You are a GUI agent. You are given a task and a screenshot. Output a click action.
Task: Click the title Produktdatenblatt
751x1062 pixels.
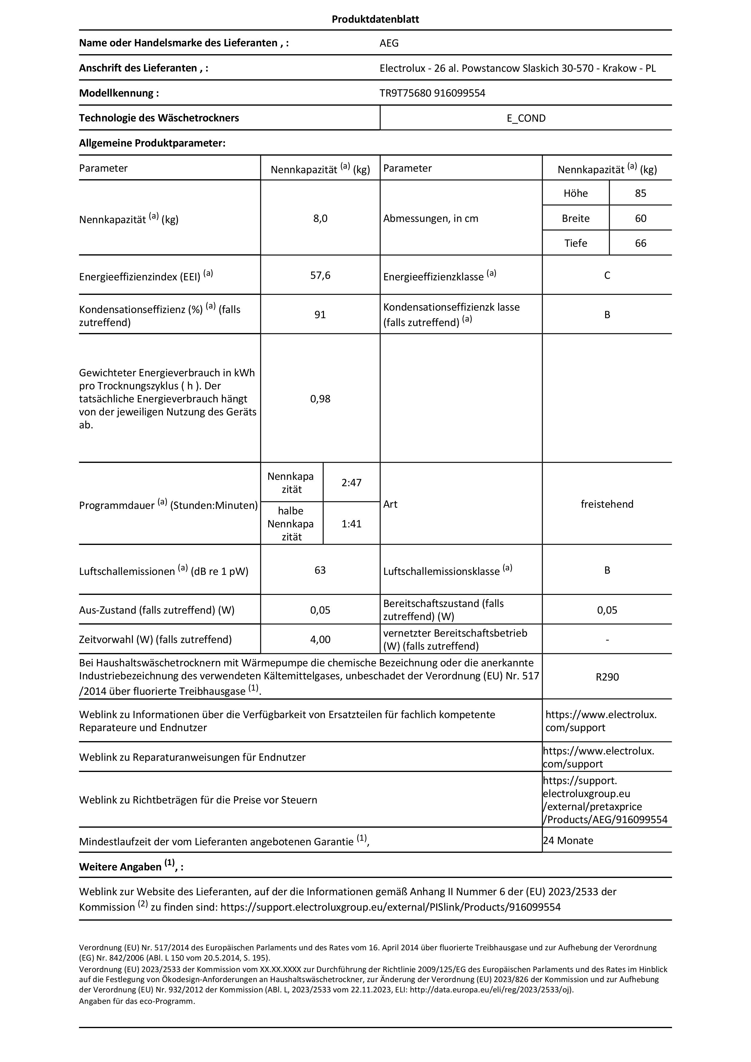(375, 19)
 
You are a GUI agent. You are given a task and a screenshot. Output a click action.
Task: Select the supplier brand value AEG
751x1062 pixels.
(389, 43)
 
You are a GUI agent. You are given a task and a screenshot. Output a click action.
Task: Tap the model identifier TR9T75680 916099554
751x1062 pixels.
(432, 93)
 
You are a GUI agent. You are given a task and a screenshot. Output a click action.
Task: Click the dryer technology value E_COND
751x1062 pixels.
(526, 118)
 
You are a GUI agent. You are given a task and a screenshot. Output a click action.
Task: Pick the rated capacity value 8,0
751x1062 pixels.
(320, 218)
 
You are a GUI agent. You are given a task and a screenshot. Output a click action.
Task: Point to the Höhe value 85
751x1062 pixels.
(641, 193)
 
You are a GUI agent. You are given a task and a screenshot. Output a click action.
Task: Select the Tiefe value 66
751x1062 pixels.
(641, 243)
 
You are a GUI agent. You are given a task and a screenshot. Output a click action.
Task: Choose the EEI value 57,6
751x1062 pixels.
(320, 276)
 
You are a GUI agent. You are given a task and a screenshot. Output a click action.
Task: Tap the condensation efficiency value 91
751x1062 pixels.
(320, 315)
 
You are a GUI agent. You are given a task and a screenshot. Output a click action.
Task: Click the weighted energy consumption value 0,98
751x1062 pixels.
(320, 399)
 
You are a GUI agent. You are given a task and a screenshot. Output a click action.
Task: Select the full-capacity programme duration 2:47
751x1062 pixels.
(351, 483)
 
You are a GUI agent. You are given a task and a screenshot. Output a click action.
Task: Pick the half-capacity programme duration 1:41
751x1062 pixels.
(351, 524)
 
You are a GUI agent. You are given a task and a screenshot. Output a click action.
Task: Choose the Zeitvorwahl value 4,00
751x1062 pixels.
(320, 639)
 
